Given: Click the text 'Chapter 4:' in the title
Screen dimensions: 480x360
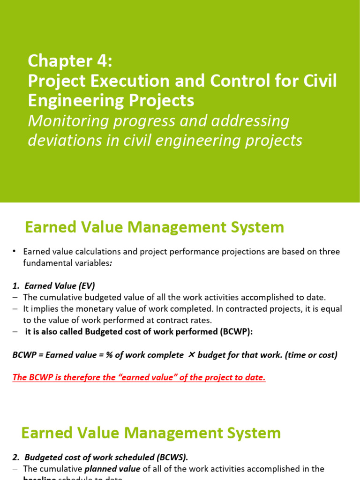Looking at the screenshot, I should (x=70, y=60).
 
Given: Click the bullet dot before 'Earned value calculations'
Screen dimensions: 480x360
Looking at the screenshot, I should (x=15, y=252).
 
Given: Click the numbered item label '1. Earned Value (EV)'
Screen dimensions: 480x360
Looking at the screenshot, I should (x=53, y=285).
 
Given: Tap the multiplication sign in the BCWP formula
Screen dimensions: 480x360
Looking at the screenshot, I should (x=191, y=355).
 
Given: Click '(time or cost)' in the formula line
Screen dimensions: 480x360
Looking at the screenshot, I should (x=312, y=355).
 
